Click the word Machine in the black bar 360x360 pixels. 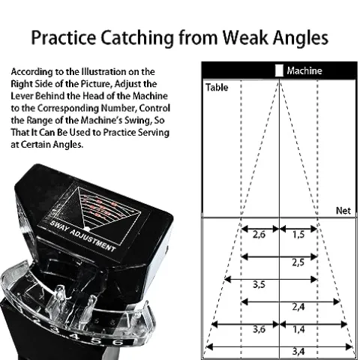click(x=304, y=70)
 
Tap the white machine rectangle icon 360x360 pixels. click(x=279, y=70)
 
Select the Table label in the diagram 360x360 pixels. click(x=217, y=88)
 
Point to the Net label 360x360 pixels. click(x=343, y=211)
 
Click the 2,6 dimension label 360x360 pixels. click(x=259, y=235)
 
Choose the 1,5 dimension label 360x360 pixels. click(x=298, y=235)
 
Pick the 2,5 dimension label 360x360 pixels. click(x=298, y=262)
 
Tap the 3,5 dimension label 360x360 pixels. click(x=259, y=284)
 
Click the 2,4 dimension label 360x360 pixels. click(x=298, y=307)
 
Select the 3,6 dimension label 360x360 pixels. click(x=259, y=329)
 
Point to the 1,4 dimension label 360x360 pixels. click(x=298, y=329)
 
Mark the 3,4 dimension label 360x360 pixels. click(x=298, y=352)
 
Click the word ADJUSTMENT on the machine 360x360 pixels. click(x=92, y=241)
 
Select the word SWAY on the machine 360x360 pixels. click(x=58, y=226)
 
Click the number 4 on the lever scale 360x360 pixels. click(x=74, y=337)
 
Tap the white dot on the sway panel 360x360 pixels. click(x=87, y=229)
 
